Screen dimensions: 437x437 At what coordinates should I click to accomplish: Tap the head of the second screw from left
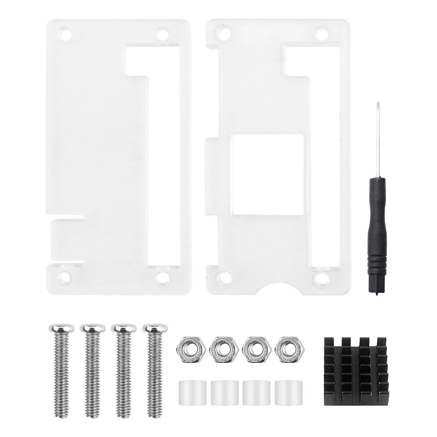[92, 328]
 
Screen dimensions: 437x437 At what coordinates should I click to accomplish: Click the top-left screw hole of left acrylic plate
[66, 34]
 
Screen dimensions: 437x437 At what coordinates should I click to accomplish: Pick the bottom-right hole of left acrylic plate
[162, 278]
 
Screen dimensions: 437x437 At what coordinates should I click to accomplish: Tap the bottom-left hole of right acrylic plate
[224, 279]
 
